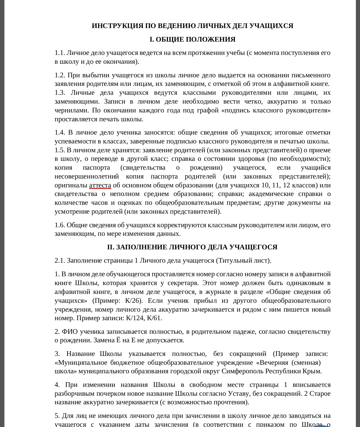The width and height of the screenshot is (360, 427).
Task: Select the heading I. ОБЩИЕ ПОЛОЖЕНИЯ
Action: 192,40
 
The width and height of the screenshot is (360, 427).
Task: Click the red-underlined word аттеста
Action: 100,185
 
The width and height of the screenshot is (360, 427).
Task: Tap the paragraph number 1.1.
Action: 59,53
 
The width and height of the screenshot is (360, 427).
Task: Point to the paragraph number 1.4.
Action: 59,132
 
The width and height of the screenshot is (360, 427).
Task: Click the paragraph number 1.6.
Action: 59,225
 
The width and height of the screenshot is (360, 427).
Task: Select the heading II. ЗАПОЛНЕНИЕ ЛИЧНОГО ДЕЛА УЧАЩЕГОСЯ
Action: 192,247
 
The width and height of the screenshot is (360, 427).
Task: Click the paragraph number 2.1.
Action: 59,261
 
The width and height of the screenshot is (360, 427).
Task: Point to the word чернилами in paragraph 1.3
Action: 71,110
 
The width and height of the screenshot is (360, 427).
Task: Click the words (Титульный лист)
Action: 243,261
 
